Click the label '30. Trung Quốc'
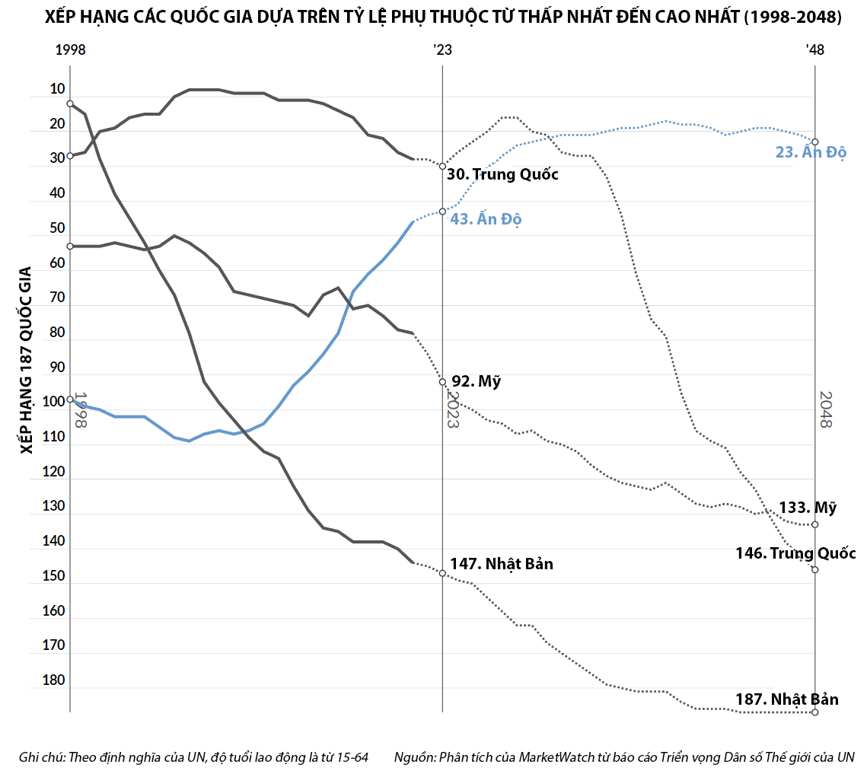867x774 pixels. (x=502, y=174)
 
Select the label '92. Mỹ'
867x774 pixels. (x=477, y=381)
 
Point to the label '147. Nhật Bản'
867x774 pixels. (x=502, y=564)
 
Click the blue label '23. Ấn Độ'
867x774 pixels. (x=811, y=152)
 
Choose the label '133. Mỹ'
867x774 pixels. (x=808, y=508)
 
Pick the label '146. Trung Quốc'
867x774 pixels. (x=795, y=553)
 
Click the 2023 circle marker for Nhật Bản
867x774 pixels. (x=442, y=573)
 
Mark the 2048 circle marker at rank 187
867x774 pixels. (x=815, y=712)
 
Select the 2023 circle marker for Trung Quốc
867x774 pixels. (x=442, y=166)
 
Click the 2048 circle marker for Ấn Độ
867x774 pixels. (x=815, y=142)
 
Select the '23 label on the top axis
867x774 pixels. (x=442, y=50)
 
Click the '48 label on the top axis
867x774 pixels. (x=814, y=50)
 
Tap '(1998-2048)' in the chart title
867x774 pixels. (x=793, y=18)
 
